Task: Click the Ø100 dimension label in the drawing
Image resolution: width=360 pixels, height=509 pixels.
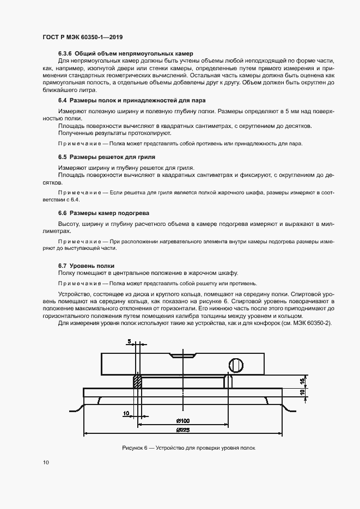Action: point(182,421)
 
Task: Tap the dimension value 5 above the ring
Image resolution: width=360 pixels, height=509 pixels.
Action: point(129,341)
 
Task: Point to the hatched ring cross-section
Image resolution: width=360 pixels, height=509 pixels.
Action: point(137,380)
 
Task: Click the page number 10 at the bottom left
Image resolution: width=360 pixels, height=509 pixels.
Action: point(46,463)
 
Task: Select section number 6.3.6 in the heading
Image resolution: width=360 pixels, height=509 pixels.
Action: point(65,54)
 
